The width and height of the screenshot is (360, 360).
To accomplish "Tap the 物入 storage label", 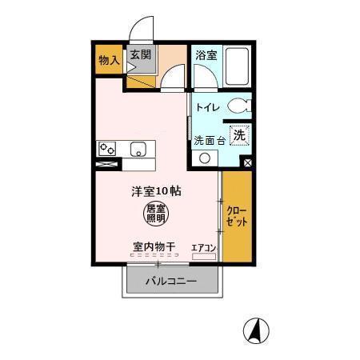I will click(109, 60).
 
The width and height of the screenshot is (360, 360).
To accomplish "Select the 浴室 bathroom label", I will click(206, 55).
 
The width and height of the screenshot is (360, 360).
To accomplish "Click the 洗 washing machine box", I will click(238, 135).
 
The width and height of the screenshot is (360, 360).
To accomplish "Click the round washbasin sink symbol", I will click(205, 158).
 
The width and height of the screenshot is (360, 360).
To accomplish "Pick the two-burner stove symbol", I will click(108, 149).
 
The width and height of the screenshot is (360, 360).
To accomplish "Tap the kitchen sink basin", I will click(138, 150).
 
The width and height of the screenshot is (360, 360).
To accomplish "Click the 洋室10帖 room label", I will click(157, 191).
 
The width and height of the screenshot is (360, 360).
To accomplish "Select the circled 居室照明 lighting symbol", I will click(156, 212).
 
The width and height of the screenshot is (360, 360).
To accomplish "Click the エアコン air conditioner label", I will click(204, 247).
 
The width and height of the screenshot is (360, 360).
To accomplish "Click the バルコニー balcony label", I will click(170, 281).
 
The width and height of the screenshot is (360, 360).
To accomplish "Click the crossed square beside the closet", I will click(247, 163).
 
